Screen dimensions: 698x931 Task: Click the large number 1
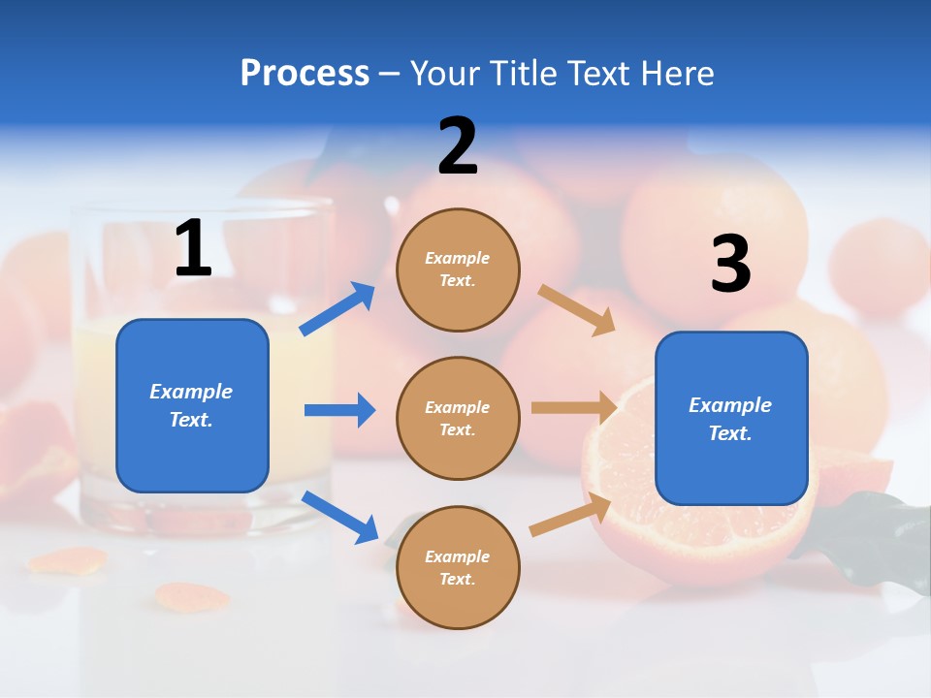(193, 249)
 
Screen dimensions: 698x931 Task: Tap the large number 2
(458, 146)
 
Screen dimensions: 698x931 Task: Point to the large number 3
(730, 264)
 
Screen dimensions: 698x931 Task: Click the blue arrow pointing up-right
(337, 308)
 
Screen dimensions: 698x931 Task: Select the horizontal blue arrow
(339, 410)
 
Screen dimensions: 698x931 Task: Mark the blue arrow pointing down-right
(340, 517)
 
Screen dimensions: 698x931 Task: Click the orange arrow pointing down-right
(576, 309)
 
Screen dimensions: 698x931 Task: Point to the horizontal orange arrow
(574, 408)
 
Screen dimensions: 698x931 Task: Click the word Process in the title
(305, 73)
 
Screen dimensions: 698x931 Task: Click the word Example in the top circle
(458, 258)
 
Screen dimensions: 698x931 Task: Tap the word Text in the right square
(730, 433)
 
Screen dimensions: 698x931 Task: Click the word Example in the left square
(191, 392)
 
